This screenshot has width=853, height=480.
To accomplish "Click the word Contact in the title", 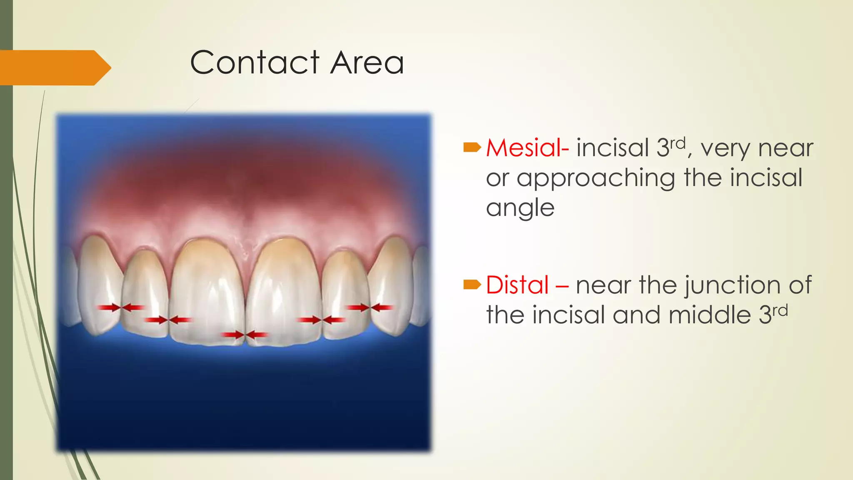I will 254,63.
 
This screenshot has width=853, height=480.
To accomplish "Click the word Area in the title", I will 367,63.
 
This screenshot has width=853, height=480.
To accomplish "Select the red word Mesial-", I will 527,148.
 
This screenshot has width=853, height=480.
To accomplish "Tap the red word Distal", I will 517,285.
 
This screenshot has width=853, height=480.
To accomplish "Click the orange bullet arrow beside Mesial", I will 472,147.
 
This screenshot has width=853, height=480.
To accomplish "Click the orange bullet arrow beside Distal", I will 472,285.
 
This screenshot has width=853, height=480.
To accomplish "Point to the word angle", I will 520,208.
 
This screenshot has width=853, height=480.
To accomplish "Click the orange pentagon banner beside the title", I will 54,67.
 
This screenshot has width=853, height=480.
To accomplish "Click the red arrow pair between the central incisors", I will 244,335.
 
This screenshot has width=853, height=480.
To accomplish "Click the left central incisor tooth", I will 207,292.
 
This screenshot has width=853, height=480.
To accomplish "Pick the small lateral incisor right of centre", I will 345,292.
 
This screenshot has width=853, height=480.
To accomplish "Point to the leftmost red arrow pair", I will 121,308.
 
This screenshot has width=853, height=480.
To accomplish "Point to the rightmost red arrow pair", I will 370,308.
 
